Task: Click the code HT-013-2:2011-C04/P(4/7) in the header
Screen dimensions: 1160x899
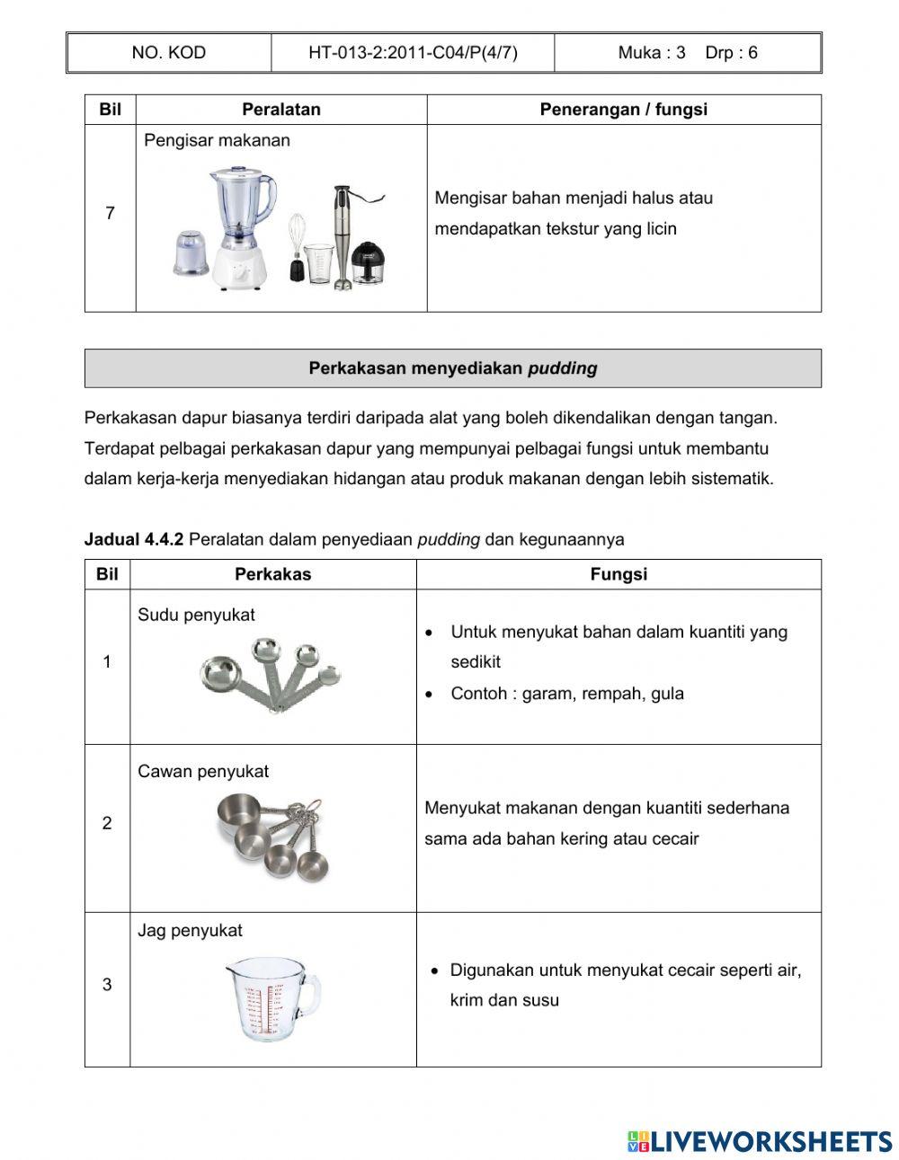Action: (x=413, y=53)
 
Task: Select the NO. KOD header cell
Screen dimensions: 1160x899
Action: (x=168, y=53)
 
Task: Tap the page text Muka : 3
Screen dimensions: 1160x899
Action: (x=651, y=53)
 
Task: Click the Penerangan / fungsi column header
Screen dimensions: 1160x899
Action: (x=623, y=110)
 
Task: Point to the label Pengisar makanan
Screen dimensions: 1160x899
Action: (x=217, y=140)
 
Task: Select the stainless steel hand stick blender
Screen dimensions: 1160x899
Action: (x=342, y=235)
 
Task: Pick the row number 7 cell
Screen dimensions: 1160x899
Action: (x=110, y=214)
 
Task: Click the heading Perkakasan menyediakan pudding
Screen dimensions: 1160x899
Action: (x=452, y=368)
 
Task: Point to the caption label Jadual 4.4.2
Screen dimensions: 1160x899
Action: (x=133, y=540)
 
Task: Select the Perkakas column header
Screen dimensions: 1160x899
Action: (x=272, y=575)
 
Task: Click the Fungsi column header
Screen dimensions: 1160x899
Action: (x=619, y=575)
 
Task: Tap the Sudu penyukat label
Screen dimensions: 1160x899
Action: (x=196, y=615)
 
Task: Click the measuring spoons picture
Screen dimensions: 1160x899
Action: (x=271, y=675)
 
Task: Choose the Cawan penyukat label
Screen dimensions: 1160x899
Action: (x=203, y=772)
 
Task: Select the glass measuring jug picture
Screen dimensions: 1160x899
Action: (x=271, y=998)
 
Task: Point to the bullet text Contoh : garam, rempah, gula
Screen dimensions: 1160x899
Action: (x=566, y=694)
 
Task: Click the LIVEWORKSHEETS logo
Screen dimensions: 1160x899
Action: (x=759, y=1141)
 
